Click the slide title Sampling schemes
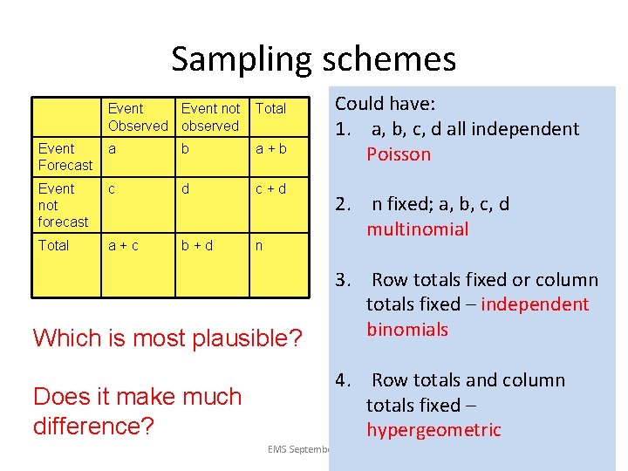[313, 59]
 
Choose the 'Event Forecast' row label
[65, 157]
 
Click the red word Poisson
[399, 154]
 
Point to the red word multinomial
[417, 229]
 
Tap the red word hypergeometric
[433, 430]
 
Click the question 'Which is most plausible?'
[168, 338]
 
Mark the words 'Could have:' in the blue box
[385, 104]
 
